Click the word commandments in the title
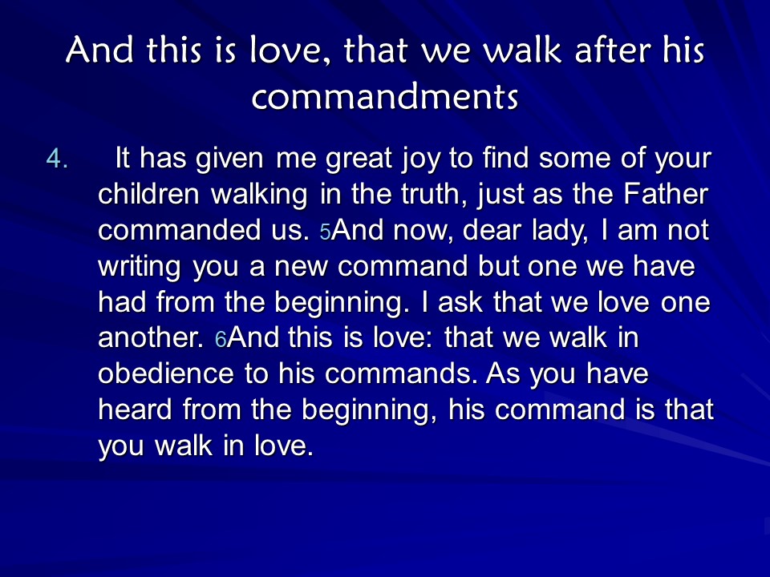(385, 95)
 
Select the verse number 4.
(56, 159)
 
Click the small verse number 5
(325, 232)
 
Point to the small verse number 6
(221, 339)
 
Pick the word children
(148, 194)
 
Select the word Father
(666, 194)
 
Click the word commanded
(179, 230)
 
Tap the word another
(151, 337)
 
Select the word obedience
(165, 373)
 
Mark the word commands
(401, 373)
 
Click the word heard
(135, 410)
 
